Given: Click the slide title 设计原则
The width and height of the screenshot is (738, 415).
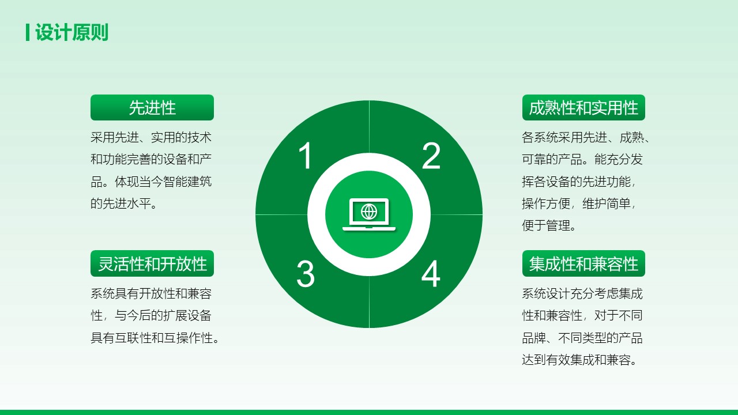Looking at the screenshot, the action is (x=72, y=32).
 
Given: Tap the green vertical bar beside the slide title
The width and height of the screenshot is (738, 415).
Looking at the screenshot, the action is (x=28, y=32).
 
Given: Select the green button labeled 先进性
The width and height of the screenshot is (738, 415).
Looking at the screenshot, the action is (x=152, y=107).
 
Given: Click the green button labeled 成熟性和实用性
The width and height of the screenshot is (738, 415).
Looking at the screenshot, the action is (x=583, y=107).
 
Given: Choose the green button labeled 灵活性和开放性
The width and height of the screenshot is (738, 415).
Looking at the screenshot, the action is (x=152, y=263).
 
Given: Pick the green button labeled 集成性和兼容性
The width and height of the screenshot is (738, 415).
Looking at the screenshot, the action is (x=583, y=263).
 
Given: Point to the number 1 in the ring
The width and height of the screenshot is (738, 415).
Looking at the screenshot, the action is (x=306, y=156).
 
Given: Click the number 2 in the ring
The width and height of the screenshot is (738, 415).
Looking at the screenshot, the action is (x=431, y=156).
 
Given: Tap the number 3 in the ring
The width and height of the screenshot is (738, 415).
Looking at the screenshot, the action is (x=306, y=274).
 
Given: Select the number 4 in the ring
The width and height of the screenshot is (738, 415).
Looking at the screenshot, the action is (x=431, y=273).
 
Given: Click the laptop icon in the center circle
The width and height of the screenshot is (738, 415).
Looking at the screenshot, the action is (x=369, y=214).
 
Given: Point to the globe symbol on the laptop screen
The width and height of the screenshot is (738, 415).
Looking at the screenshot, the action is (x=369, y=212).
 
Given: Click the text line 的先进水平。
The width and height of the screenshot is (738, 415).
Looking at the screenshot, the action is (x=124, y=203).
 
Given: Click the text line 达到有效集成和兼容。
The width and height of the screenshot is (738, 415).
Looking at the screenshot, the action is (x=579, y=360).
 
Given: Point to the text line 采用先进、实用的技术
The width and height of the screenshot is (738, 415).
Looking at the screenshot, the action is (x=151, y=137).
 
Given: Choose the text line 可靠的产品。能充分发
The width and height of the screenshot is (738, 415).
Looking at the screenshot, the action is (x=582, y=160).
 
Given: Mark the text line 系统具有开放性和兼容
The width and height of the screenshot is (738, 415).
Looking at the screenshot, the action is (x=151, y=293).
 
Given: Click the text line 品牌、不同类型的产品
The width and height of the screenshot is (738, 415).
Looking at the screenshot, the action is (x=582, y=338).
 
